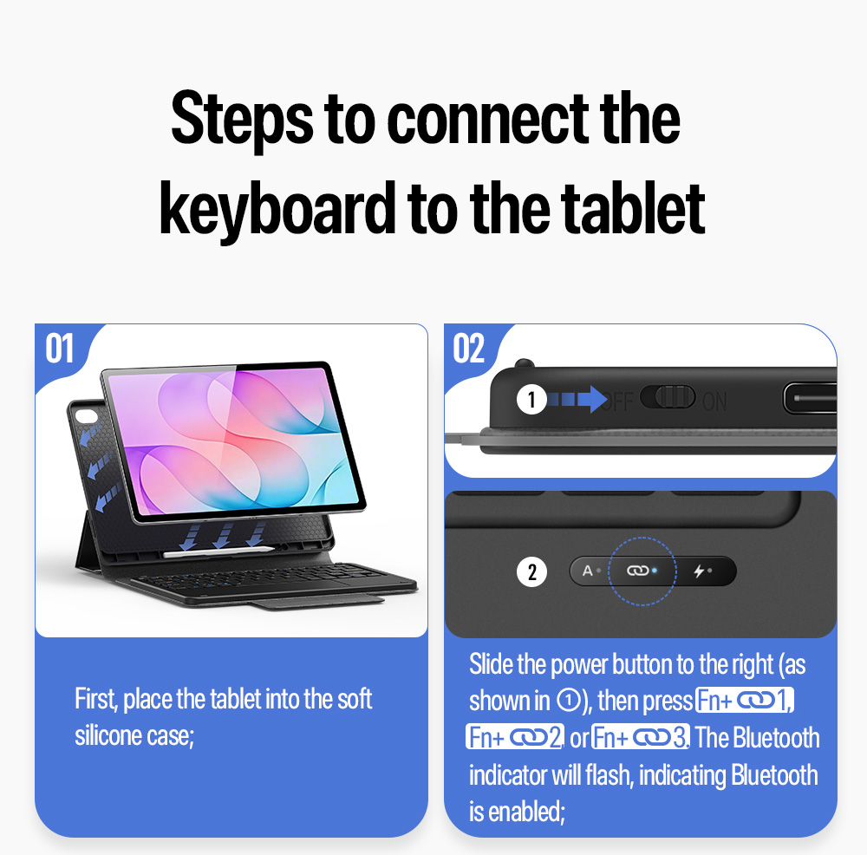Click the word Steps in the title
click(242, 121)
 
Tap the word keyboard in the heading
click(277, 210)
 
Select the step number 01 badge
click(59, 349)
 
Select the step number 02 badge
click(468, 349)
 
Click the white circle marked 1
click(531, 399)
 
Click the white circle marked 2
click(531, 571)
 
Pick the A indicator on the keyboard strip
click(588, 571)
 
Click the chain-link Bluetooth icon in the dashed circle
click(637, 571)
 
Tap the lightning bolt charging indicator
click(700, 571)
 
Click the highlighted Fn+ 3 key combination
click(641, 737)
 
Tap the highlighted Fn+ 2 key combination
click(515, 737)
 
